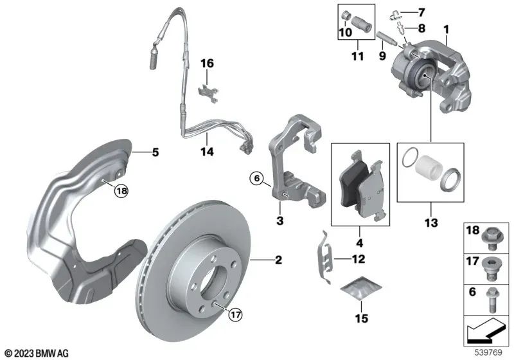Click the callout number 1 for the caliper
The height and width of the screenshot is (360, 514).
[445, 30]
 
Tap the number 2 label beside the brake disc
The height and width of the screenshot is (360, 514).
[279, 260]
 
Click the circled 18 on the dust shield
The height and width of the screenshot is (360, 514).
[122, 190]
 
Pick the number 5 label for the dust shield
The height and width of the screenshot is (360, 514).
[155, 153]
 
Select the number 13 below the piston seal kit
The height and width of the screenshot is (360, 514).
[430, 223]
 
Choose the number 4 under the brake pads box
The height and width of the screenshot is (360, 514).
[360, 244]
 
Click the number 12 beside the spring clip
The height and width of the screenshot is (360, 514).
[359, 260]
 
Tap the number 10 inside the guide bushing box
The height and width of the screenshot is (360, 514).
[344, 32]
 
